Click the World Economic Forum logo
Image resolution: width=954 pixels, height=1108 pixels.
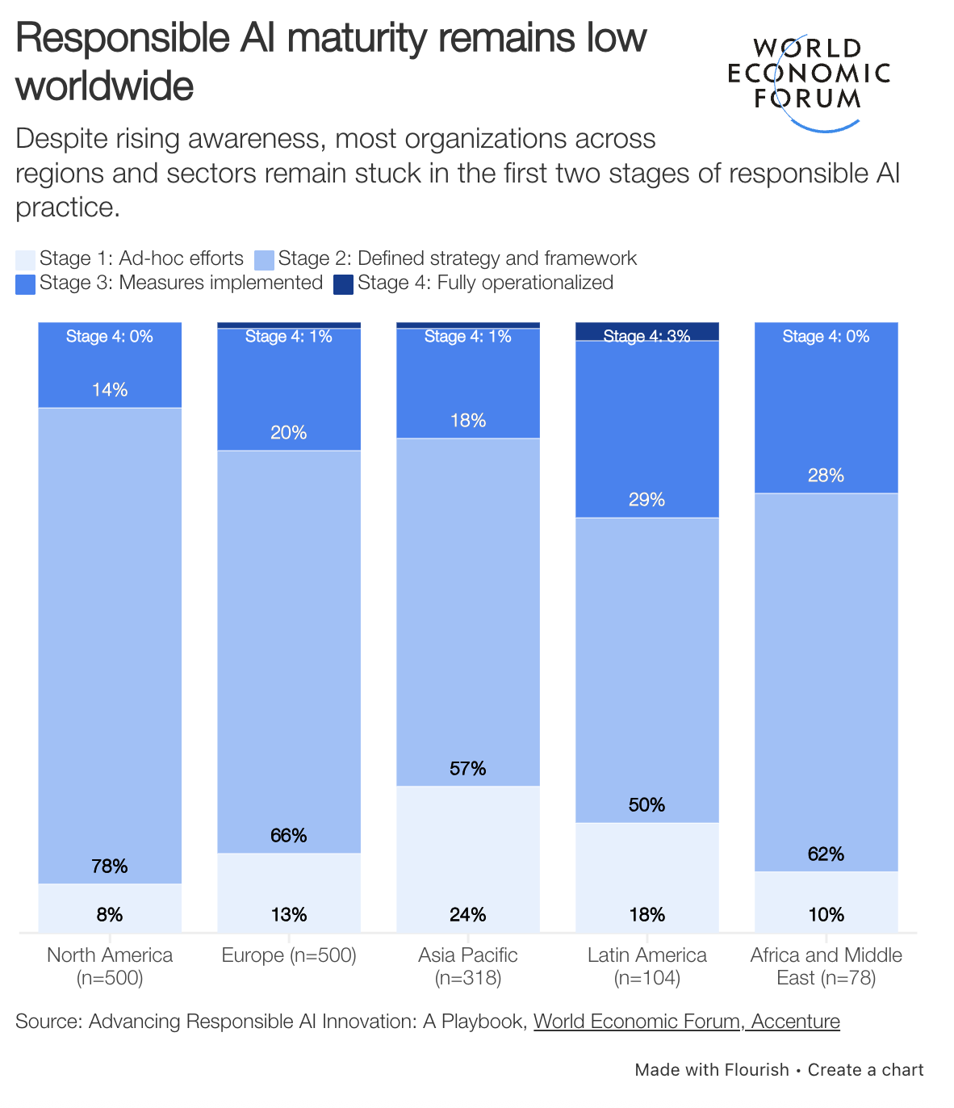tap(808, 82)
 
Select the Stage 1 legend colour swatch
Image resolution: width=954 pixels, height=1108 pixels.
tap(25, 259)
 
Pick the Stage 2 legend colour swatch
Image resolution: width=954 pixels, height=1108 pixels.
tap(264, 259)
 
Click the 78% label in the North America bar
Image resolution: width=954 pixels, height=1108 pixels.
tap(110, 867)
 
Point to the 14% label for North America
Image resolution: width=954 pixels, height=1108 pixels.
tap(110, 390)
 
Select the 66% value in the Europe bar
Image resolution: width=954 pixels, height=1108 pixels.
tap(289, 836)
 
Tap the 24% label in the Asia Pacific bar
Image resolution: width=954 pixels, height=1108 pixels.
tap(468, 915)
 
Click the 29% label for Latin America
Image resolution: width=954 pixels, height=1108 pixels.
tap(647, 500)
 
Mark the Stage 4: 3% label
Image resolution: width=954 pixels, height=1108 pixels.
tap(647, 337)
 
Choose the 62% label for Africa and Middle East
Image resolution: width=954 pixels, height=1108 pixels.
tap(826, 854)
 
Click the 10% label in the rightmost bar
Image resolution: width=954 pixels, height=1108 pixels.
tap(826, 915)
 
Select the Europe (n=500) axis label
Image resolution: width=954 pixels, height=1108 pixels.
tap(289, 955)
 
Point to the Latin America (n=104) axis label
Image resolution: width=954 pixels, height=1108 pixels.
tap(647, 967)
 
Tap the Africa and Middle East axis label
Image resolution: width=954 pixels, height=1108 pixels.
tap(826, 967)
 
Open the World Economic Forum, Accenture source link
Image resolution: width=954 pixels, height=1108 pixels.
tap(687, 1022)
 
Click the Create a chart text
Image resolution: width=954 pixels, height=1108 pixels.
tap(865, 1070)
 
